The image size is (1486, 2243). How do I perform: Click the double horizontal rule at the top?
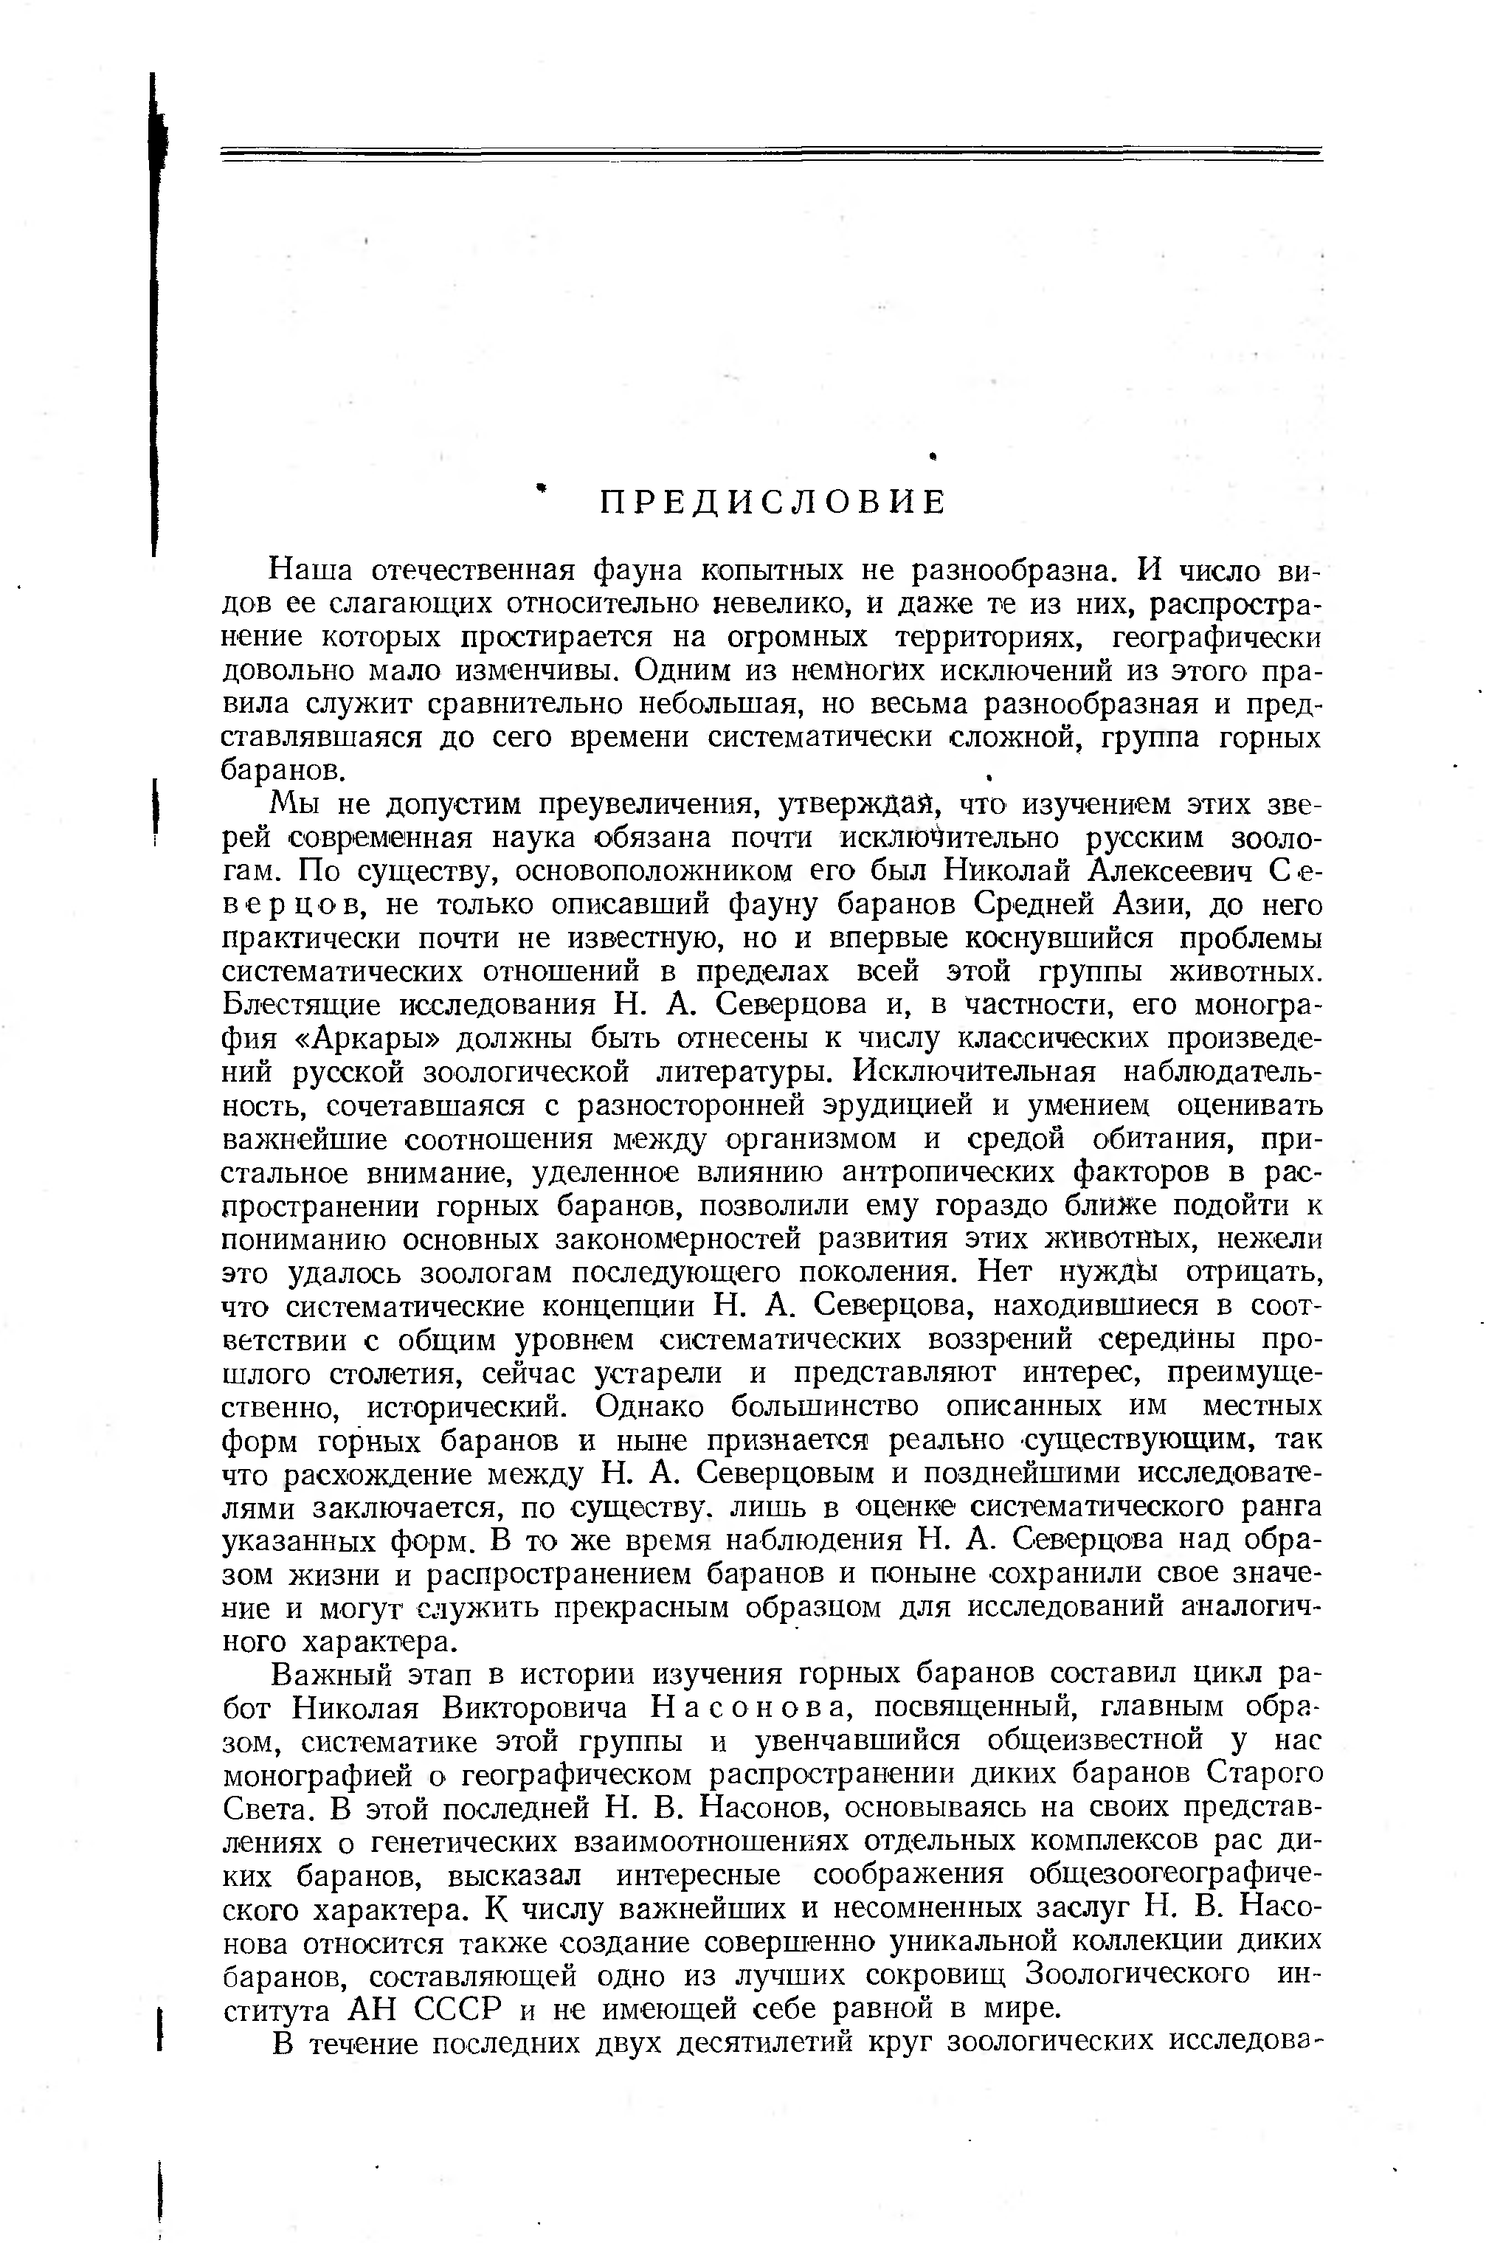tap(772, 154)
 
